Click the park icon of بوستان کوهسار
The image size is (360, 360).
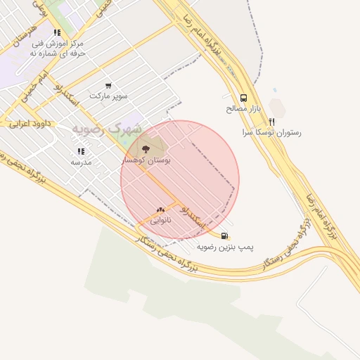146,149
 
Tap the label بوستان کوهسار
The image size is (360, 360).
147,160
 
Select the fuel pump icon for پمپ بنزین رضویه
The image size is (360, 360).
224,236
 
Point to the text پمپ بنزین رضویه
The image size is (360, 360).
225,247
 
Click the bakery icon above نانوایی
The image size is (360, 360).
160,210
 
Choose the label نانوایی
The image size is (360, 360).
159,220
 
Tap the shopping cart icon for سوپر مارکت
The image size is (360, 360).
108,85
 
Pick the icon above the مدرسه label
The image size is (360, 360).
81,151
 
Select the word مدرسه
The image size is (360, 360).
81,162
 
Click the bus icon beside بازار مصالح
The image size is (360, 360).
243,98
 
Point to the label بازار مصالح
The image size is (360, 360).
243,109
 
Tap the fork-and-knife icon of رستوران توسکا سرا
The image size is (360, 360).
271,121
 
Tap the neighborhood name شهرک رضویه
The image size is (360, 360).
107,129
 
